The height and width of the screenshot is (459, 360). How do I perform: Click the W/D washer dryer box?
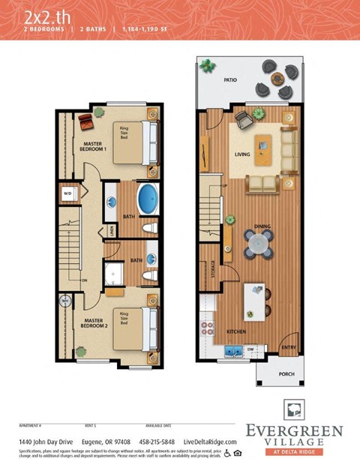click(x=67, y=193)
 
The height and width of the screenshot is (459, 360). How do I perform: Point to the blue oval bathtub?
click(x=148, y=200)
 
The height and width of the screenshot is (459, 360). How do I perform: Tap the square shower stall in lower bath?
click(x=114, y=274)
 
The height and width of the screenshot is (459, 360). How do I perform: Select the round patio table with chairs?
click(x=277, y=78)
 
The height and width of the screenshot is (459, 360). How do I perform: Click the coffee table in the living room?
click(x=263, y=151)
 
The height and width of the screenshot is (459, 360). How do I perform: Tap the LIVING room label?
click(x=242, y=154)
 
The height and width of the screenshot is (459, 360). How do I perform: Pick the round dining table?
click(x=257, y=241)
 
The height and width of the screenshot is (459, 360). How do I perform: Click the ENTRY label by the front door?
click(x=288, y=347)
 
